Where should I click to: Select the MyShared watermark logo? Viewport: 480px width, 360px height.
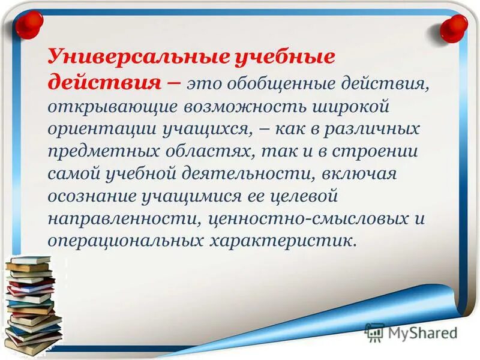pyautogui.click(x=412, y=332)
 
